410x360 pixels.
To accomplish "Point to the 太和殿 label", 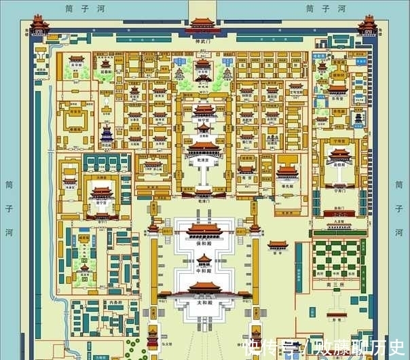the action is [204, 304].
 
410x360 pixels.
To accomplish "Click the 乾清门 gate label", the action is [204, 201].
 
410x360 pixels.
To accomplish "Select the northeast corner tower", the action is [369, 24].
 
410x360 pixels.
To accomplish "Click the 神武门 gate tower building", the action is [203, 26].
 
